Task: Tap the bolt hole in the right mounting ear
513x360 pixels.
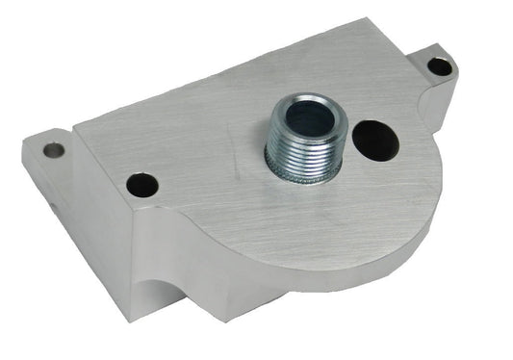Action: click(439, 66)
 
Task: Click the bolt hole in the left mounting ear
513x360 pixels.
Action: click(54, 150)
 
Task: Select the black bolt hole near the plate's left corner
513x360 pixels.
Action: click(141, 184)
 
